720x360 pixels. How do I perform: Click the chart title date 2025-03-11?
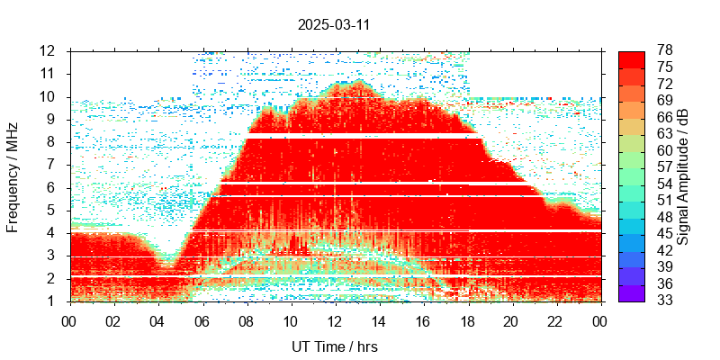[x=334, y=25]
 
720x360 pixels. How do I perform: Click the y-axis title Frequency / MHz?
[x=13, y=175]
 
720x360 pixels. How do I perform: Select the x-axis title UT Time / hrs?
[x=334, y=346]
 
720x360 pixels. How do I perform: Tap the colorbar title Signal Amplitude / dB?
[x=684, y=175]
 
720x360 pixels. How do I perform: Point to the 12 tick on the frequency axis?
[x=49, y=50]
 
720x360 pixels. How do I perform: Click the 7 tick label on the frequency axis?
[x=53, y=165]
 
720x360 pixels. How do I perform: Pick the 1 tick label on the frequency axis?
[x=53, y=301]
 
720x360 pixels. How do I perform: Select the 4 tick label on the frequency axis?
[x=53, y=233]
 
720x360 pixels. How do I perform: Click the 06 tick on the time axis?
[x=202, y=320]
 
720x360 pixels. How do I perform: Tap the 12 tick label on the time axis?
[x=335, y=320]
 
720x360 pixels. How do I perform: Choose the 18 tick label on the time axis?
[x=467, y=320]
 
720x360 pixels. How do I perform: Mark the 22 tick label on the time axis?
[x=555, y=320]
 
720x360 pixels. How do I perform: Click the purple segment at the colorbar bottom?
[x=632, y=292]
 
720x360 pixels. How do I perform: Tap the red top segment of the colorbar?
[x=632, y=58]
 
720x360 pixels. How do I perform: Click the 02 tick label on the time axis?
[x=113, y=320]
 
